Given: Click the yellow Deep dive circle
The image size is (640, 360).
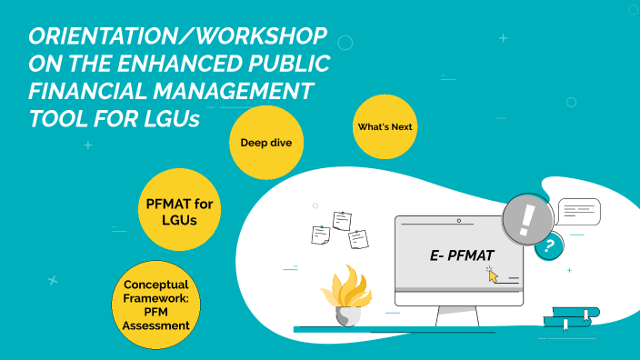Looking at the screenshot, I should tap(265, 143).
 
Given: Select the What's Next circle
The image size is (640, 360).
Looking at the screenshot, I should tap(384, 126).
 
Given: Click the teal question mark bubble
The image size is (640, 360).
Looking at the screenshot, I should tap(547, 245).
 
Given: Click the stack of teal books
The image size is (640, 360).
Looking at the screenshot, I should tap(571, 316).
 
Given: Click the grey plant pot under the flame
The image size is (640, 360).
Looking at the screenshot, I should tap(347, 315).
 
